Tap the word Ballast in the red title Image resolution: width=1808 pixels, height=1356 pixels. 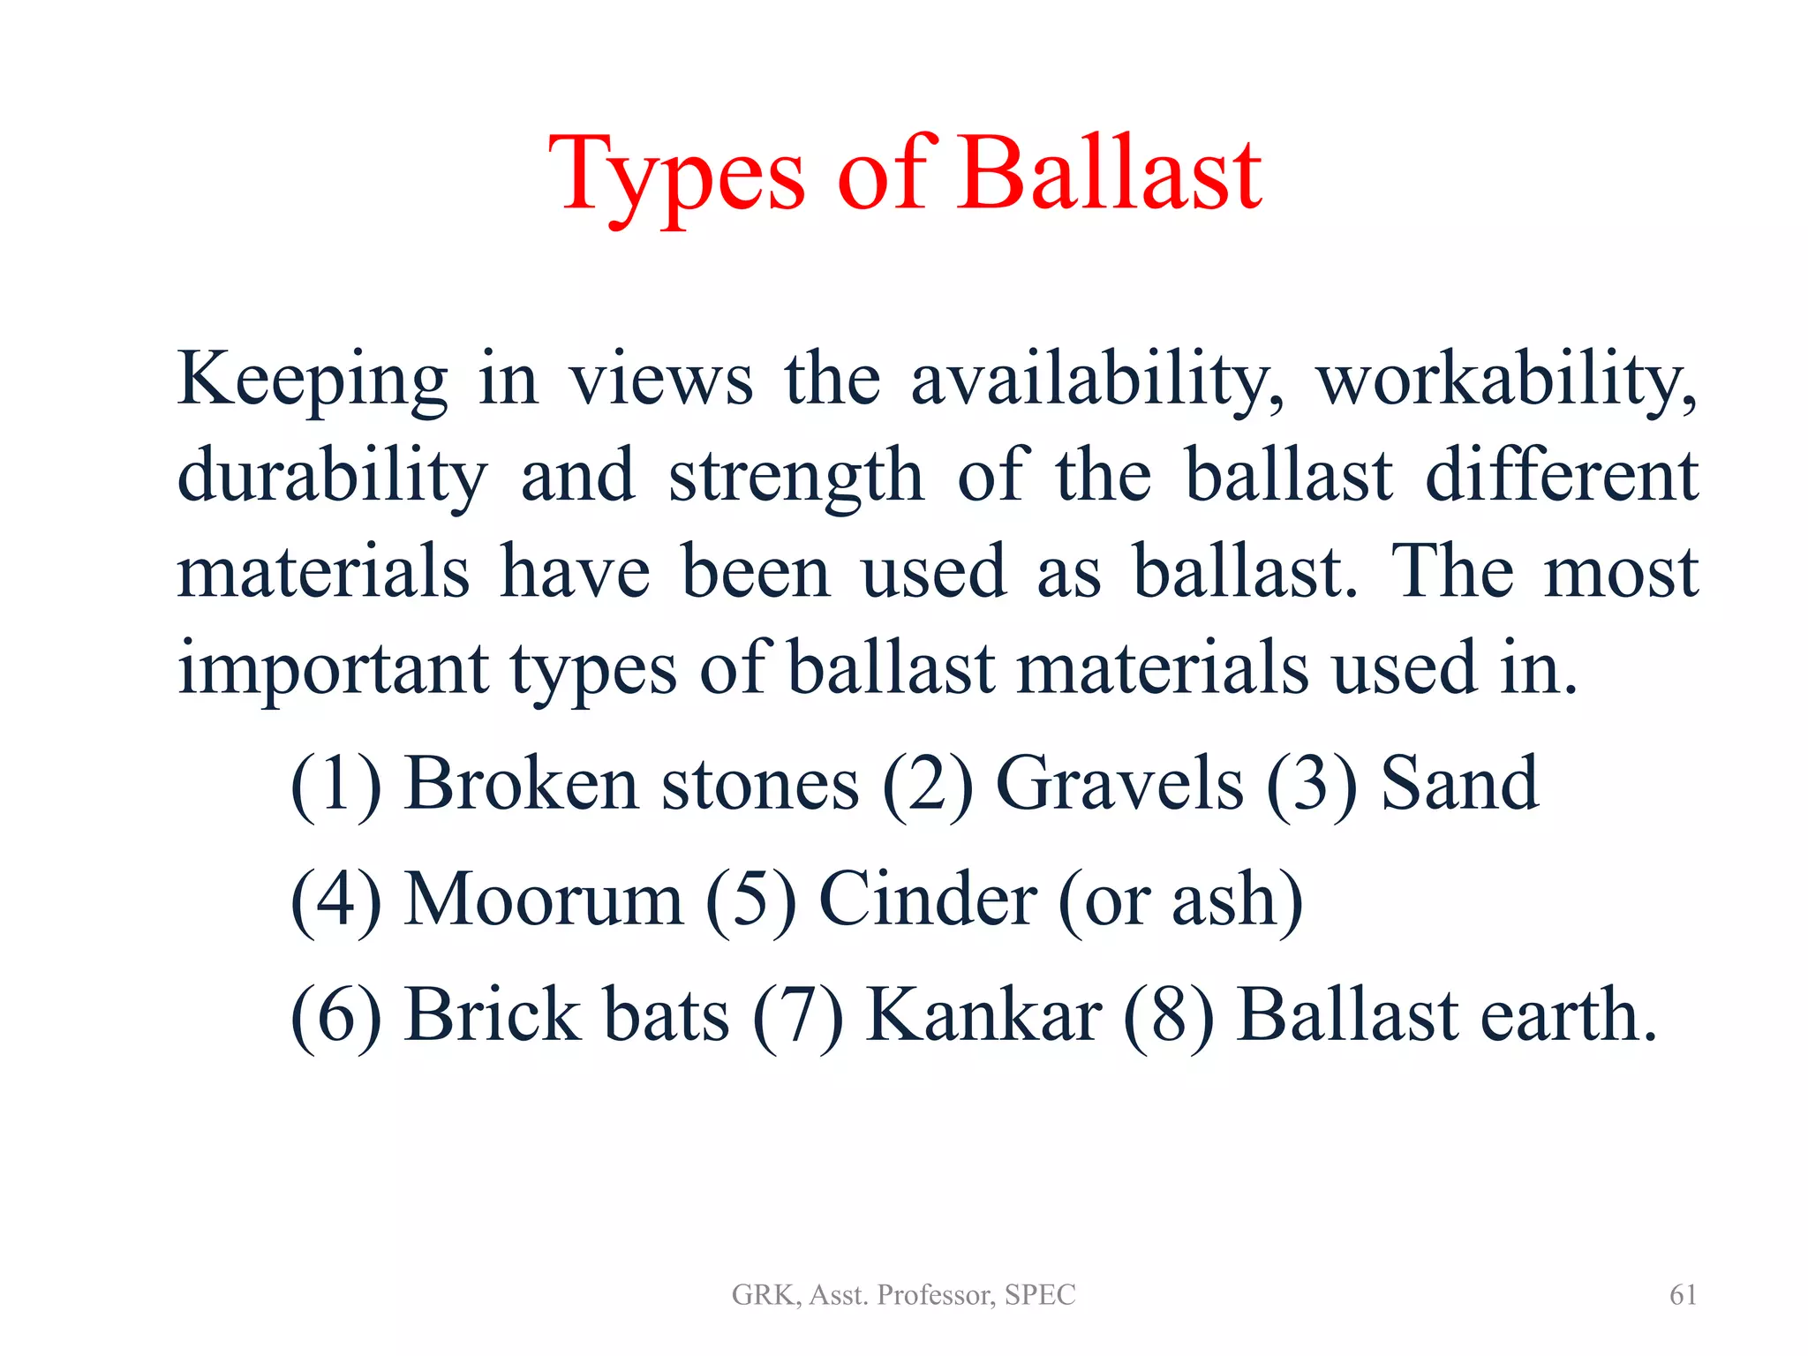point(1110,175)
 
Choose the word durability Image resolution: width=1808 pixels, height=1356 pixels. point(332,477)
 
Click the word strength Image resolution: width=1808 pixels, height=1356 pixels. point(795,477)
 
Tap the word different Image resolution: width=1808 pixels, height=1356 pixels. point(1562,477)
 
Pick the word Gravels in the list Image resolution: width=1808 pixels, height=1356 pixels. point(1119,784)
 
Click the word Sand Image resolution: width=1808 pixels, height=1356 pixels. point(1459,784)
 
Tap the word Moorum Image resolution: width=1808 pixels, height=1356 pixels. point(543,900)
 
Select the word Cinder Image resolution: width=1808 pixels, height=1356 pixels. point(928,900)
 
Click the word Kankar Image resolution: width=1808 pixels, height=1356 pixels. point(983,1015)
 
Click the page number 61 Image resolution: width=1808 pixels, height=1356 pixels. point(1683,1295)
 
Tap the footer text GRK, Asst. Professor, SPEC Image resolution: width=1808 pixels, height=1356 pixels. point(903,1295)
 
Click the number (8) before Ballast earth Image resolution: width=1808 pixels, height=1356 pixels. point(1169,1015)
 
